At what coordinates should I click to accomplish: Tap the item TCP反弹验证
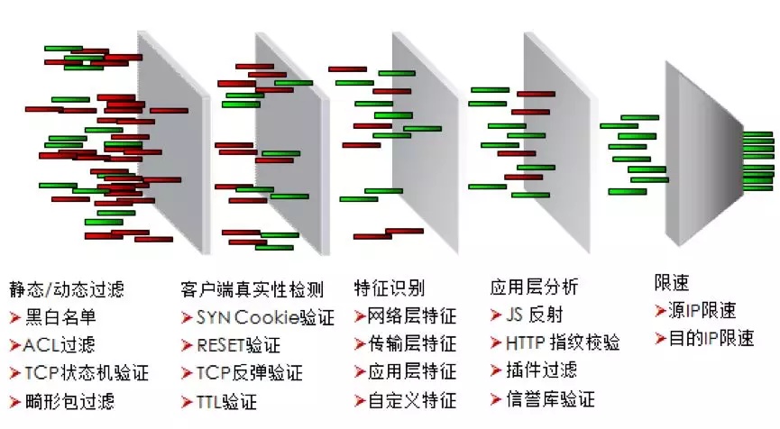coord(249,373)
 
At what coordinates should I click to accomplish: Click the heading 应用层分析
coord(534,288)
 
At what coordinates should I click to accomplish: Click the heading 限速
coord(671,282)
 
